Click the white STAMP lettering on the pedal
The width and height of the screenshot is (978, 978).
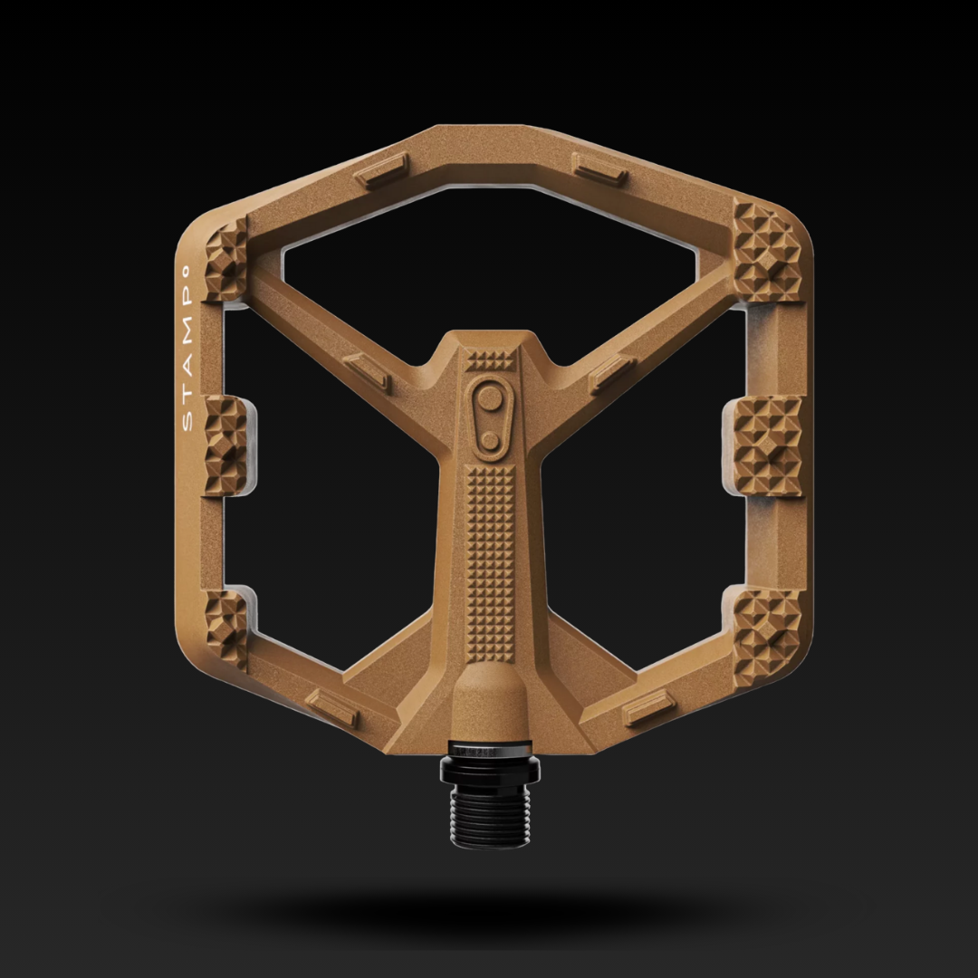pyautogui.click(x=186, y=349)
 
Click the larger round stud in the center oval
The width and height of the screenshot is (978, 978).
pyautogui.click(x=490, y=398)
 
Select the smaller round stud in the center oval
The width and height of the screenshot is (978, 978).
pyautogui.click(x=490, y=440)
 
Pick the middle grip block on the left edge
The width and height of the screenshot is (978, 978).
pyautogui.click(x=226, y=446)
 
